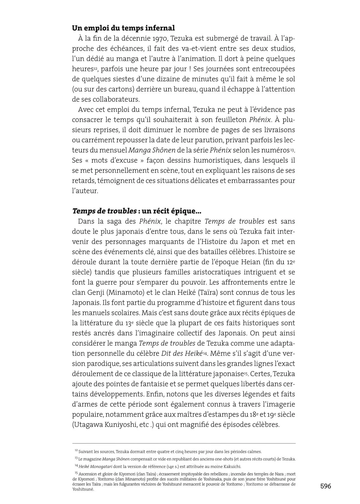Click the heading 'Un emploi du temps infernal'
click(123, 28)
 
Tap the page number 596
click(325, 486)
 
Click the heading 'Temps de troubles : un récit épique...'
click(136, 211)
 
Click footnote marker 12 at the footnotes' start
click(76, 451)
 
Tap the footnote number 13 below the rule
click(76, 458)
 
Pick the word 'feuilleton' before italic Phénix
click(230, 119)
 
